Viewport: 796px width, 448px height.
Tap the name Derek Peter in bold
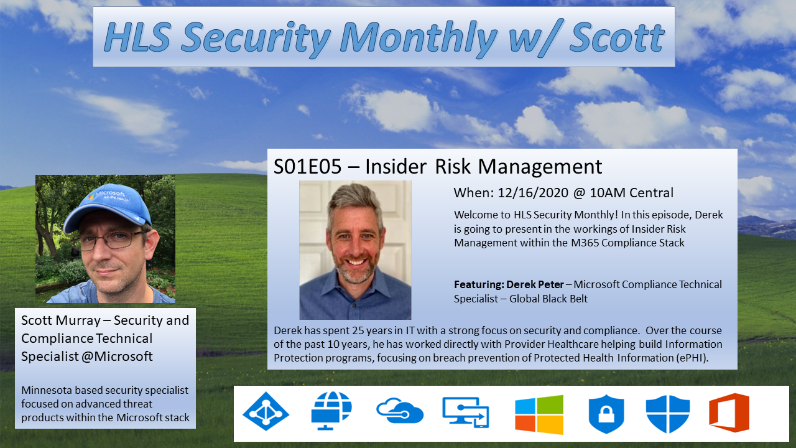tap(535, 284)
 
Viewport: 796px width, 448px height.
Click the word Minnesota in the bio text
tap(49, 391)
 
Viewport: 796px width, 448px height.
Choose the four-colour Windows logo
tap(539, 414)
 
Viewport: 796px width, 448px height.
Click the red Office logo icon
tap(729, 413)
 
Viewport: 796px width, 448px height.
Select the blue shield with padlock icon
tap(606, 414)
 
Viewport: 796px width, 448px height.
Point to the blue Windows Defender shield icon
tap(668, 414)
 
